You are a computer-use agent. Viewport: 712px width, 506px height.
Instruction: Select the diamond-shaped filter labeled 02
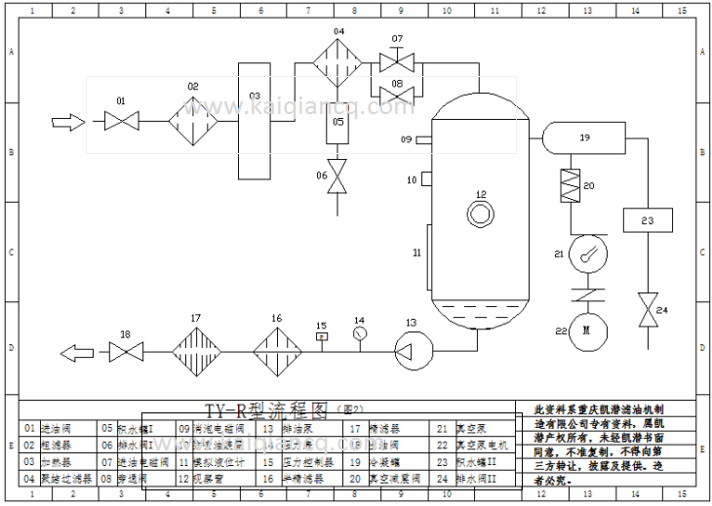tap(192, 122)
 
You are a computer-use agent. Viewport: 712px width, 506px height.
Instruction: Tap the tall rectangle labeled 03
tap(256, 121)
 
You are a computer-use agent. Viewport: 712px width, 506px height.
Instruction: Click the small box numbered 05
tap(338, 124)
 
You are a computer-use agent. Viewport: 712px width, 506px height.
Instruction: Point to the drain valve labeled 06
tap(338, 177)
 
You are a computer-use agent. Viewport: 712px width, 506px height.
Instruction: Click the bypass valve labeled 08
tap(397, 94)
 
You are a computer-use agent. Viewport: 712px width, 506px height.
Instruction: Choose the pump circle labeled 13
tap(411, 349)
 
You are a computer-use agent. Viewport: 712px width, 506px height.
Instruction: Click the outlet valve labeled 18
tap(125, 349)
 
